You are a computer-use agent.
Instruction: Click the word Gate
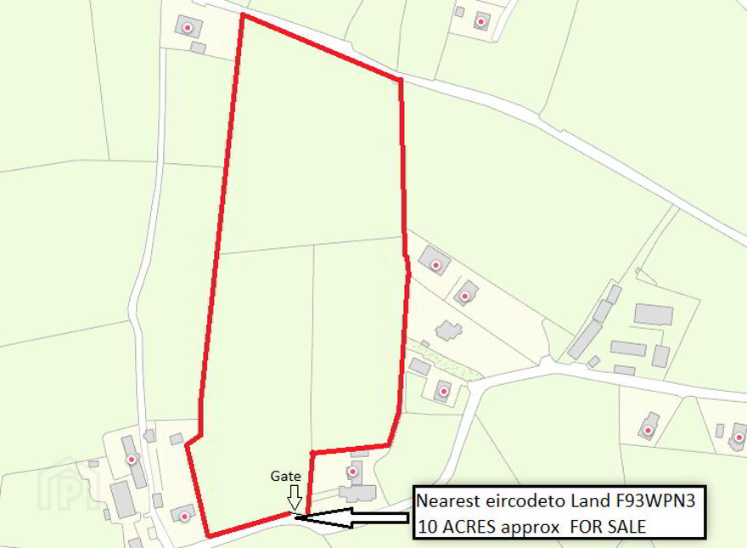click(x=286, y=477)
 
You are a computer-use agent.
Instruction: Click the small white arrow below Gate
click(x=295, y=496)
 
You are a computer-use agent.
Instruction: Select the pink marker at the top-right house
click(x=481, y=21)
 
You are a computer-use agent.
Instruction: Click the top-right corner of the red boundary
click(x=400, y=81)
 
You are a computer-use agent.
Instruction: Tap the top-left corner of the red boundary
click(x=242, y=15)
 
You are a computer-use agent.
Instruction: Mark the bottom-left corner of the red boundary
click(x=209, y=536)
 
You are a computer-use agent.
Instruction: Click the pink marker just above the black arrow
click(x=352, y=472)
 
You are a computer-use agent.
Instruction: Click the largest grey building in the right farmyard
click(x=654, y=314)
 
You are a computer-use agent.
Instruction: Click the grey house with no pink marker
click(x=448, y=330)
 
